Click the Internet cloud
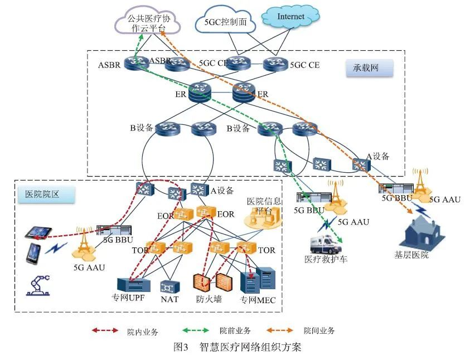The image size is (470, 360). click(x=290, y=17)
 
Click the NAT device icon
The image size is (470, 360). click(x=169, y=286)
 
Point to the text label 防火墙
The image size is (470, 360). click(x=209, y=299)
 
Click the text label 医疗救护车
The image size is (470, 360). click(x=326, y=259)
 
